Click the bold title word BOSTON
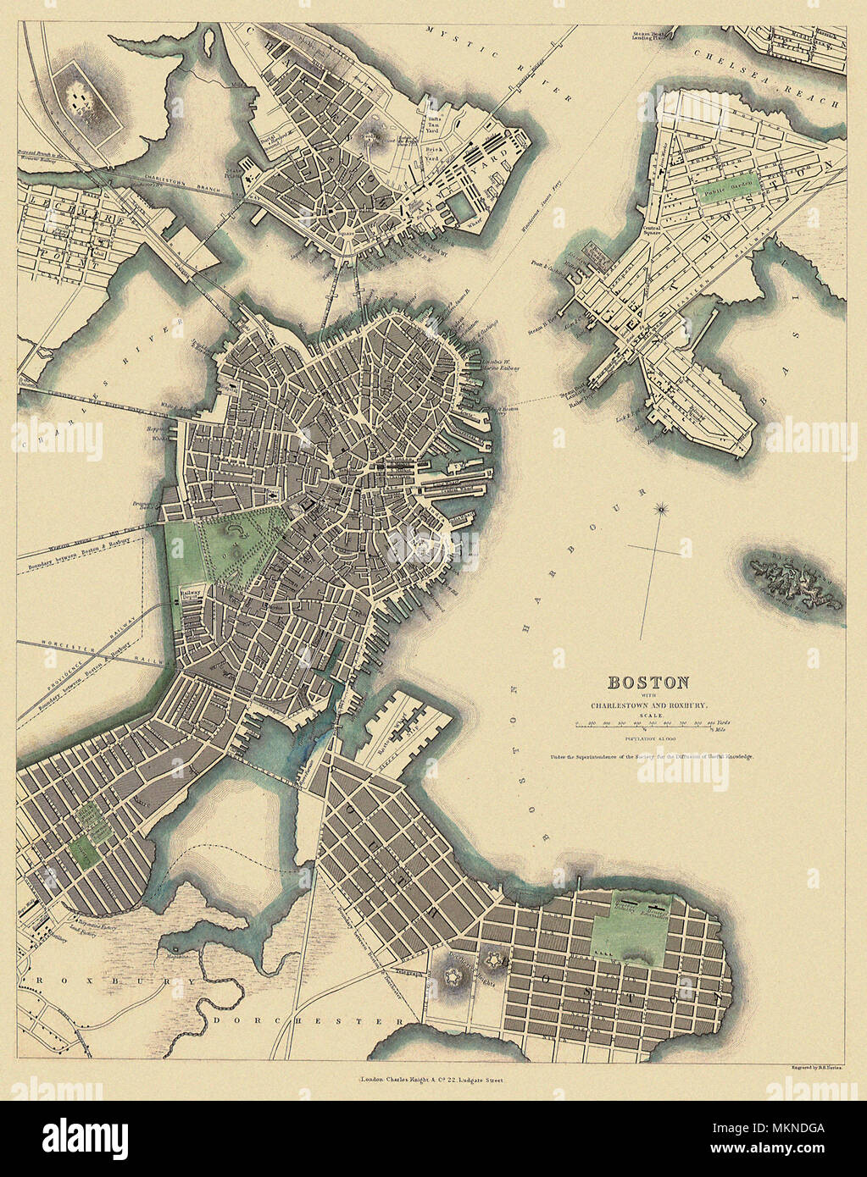647,682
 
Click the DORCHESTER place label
308,1021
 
